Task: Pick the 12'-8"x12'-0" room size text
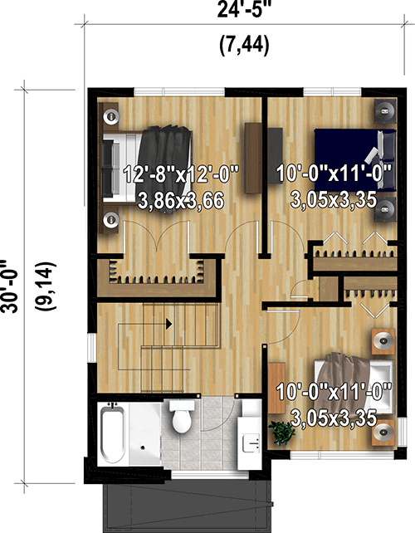click(181, 175)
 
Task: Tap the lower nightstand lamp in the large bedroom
click(110, 220)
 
